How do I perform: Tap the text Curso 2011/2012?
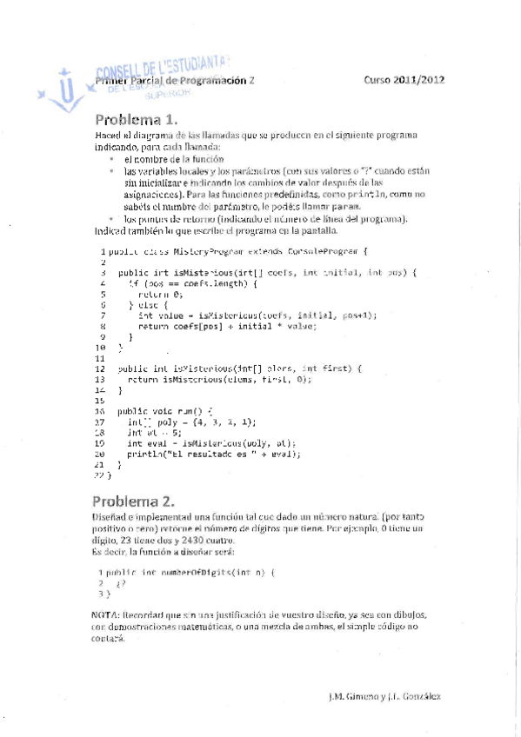tap(404, 79)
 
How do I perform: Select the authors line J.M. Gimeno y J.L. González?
tap(384, 697)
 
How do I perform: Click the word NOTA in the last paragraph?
tap(105, 614)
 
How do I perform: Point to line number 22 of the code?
tap(99, 476)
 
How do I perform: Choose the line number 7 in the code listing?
tap(103, 315)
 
